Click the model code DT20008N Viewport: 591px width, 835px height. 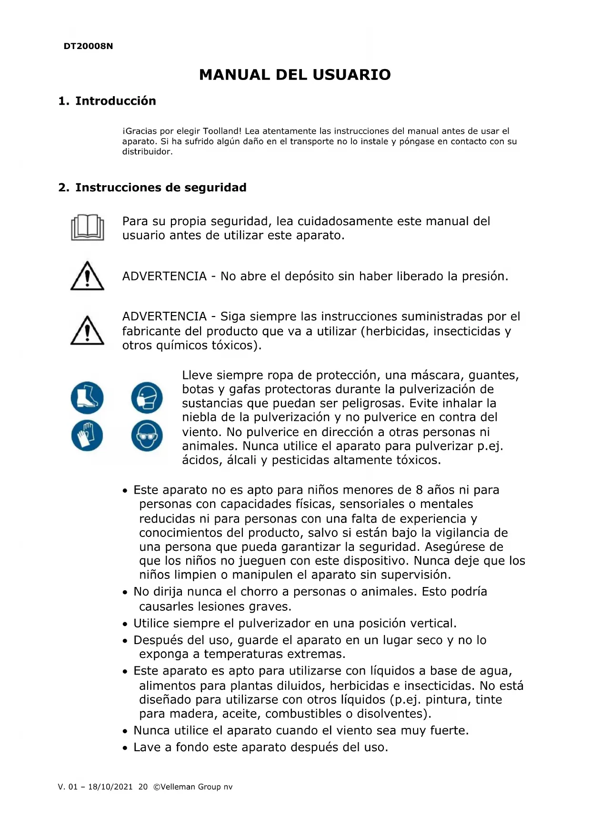[x=88, y=46]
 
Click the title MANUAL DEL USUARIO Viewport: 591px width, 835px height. [x=295, y=75]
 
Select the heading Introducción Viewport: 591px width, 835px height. [x=115, y=101]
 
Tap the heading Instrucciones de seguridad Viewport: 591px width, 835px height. [x=160, y=188]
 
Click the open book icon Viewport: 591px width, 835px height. [x=87, y=228]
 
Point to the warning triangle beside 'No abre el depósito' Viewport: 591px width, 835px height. [x=87, y=276]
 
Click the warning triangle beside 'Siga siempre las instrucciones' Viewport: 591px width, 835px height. [x=87, y=330]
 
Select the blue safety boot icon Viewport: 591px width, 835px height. [x=87, y=398]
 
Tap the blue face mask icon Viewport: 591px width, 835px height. [x=147, y=398]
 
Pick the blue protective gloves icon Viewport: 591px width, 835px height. [x=87, y=435]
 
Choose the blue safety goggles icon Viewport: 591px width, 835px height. [x=147, y=435]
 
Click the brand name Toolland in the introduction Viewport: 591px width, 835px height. [x=222, y=131]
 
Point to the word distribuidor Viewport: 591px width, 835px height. [x=146, y=152]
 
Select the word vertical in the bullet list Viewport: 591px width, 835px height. [x=432, y=623]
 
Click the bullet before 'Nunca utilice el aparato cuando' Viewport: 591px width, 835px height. [x=125, y=731]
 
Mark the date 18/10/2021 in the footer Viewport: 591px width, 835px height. [x=110, y=787]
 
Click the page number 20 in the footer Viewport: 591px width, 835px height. [x=143, y=787]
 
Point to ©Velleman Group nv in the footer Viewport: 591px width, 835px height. [x=193, y=787]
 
